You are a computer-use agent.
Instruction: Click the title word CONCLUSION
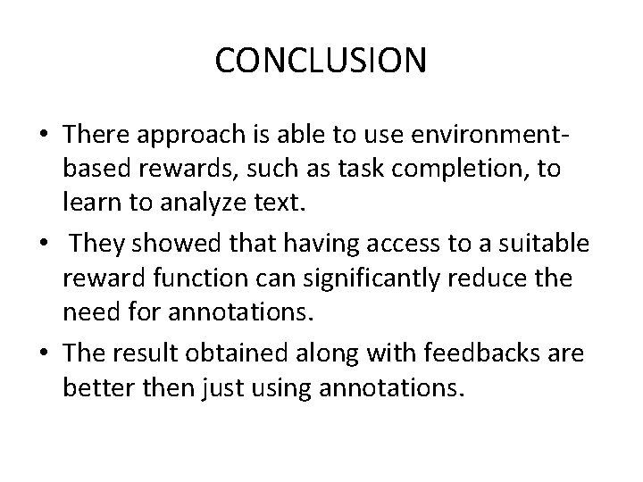point(321,61)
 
